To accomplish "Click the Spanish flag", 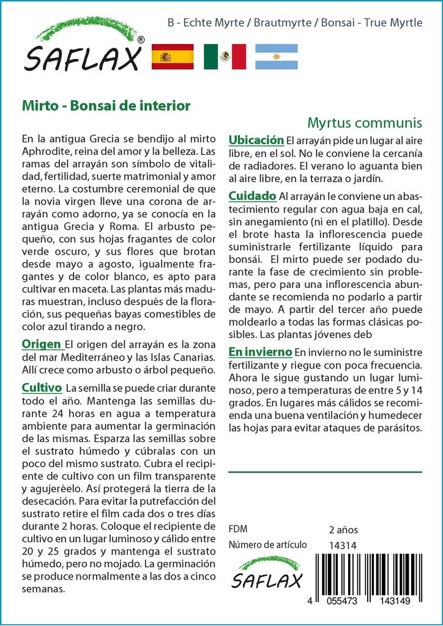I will (172, 57).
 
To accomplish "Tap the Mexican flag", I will (225, 57).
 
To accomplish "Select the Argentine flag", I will (276, 57).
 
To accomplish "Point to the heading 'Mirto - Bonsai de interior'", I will (106, 105).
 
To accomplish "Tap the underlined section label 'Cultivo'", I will (42, 388).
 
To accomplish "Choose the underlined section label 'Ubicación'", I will (256, 139).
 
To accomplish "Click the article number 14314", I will (343, 545).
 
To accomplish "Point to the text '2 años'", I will (343, 529).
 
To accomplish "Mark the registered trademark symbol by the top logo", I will (141, 40).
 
